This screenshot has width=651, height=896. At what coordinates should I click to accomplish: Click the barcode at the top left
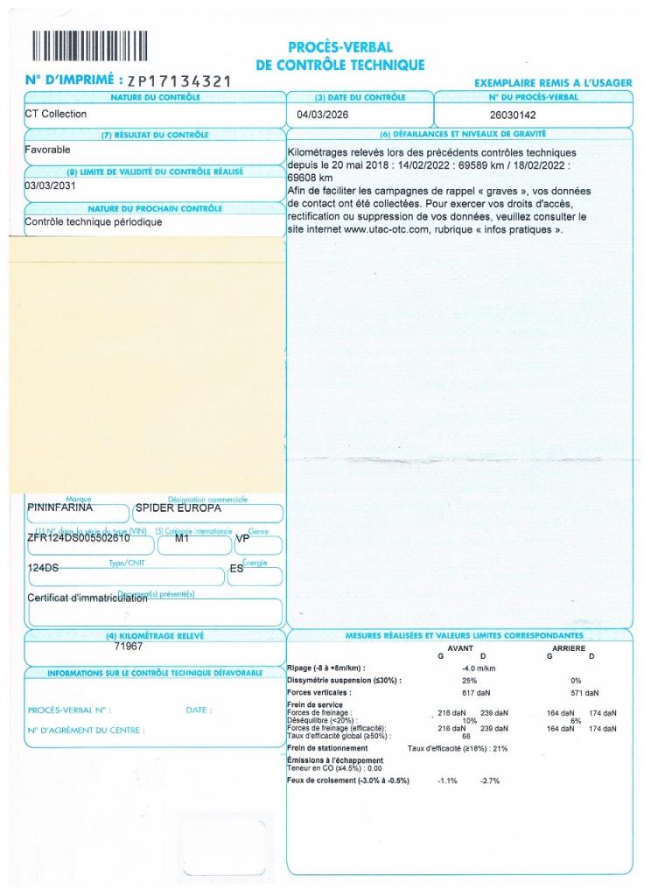point(89,45)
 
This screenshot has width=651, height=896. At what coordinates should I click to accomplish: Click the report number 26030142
point(513,115)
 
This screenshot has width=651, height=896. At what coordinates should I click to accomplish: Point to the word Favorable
point(47,150)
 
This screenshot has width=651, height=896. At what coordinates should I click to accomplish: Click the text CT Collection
point(56,114)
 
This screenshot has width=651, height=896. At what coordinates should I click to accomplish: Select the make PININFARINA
point(60,507)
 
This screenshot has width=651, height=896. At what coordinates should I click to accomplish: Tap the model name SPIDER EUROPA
point(178,507)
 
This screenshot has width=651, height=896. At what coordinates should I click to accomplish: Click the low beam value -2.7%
point(489,780)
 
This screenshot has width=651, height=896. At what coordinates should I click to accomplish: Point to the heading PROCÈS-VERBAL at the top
point(339,47)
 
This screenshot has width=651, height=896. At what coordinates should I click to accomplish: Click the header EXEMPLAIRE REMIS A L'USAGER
point(552,82)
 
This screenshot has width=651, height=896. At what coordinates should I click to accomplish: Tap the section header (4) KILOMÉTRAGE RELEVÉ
point(154,635)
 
